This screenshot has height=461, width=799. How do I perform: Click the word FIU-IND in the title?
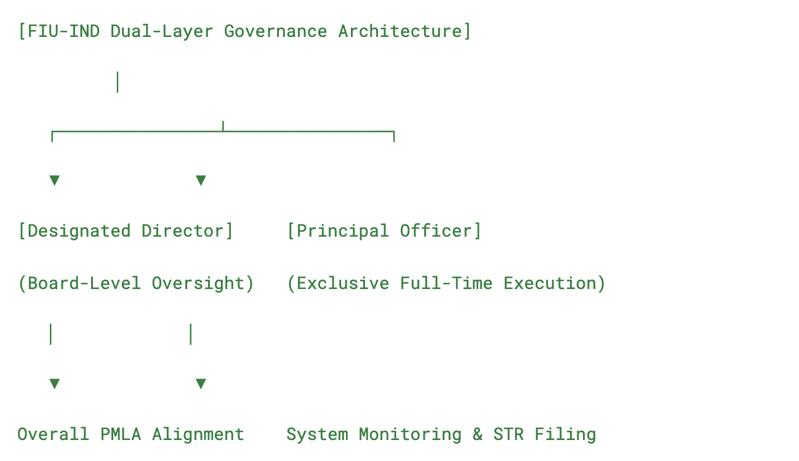click(63, 31)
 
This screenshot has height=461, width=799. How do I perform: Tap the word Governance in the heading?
click(275, 31)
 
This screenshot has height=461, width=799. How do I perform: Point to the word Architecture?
click(400, 31)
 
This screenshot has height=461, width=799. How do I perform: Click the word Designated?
click(79, 231)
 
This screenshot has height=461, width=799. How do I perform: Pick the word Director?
click(183, 231)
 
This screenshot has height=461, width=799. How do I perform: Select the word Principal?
click(343, 231)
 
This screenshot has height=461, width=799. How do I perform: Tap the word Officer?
click(436, 231)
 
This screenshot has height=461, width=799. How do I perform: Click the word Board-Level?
click(84, 284)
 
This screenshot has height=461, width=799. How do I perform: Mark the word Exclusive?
click(343, 284)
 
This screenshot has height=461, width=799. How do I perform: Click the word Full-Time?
click(446, 284)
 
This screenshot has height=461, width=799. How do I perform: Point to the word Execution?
click(550, 284)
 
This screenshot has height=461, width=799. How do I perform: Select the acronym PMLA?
click(121, 434)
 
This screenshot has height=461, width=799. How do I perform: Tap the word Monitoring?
click(410, 435)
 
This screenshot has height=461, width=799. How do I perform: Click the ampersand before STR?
click(478, 434)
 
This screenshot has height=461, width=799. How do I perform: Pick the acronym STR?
click(508, 434)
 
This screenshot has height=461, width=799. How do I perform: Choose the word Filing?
click(565, 435)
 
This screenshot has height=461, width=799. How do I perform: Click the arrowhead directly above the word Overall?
click(55, 383)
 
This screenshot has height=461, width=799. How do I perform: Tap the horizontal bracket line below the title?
click(223, 132)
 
